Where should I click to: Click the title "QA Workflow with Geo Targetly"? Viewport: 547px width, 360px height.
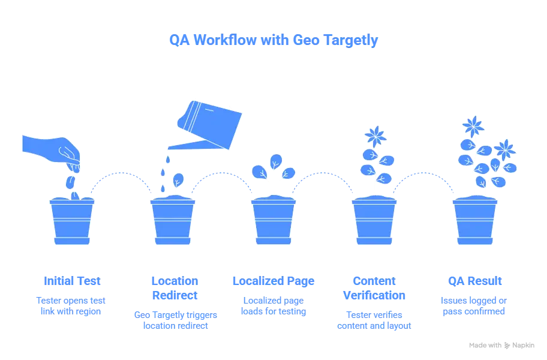pos(273,41)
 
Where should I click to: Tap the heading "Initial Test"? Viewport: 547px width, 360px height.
pos(71,281)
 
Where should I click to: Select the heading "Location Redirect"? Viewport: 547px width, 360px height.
pos(173,289)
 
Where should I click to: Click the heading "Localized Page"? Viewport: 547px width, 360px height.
pos(273,281)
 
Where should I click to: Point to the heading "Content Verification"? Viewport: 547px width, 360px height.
pos(374,289)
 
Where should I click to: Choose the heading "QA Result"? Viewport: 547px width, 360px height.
pos(475,281)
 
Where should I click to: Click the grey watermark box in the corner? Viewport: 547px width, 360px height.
pos(501,345)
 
